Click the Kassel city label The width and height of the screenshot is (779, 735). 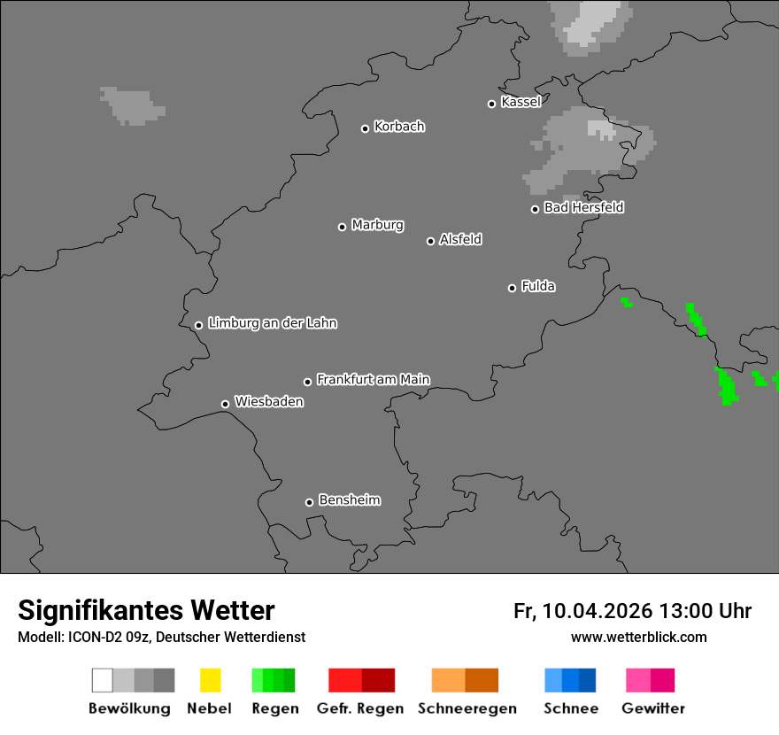(x=521, y=102)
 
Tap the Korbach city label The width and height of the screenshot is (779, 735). (x=399, y=127)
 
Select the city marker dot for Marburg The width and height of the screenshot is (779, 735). (x=342, y=227)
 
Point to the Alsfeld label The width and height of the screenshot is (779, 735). (x=460, y=239)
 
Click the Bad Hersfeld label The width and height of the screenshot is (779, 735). (x=583, y=207)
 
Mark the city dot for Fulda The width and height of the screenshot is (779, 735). (x=512, y=288)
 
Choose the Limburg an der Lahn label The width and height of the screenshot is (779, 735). (x=273, y=323)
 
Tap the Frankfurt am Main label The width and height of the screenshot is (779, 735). (x=373, y=380)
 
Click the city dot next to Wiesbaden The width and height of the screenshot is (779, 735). (x=225, y=404)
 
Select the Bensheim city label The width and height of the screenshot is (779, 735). (x=350, y=500)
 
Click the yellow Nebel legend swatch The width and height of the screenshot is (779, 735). (x=210, y=680)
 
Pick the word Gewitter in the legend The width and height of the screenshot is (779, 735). (x=653, y=708)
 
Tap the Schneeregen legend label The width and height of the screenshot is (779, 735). (x=467, y=708)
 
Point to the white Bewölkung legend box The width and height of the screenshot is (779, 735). (x=102, y=680)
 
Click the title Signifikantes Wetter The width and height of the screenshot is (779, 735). (x=146, y=611)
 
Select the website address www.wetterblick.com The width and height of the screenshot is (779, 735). (x=639, y=638)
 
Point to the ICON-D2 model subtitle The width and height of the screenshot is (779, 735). (x=161, y=638)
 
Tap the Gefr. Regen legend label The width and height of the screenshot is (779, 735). (x=360, y=708)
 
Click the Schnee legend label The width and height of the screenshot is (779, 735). (x=571, y=708)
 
